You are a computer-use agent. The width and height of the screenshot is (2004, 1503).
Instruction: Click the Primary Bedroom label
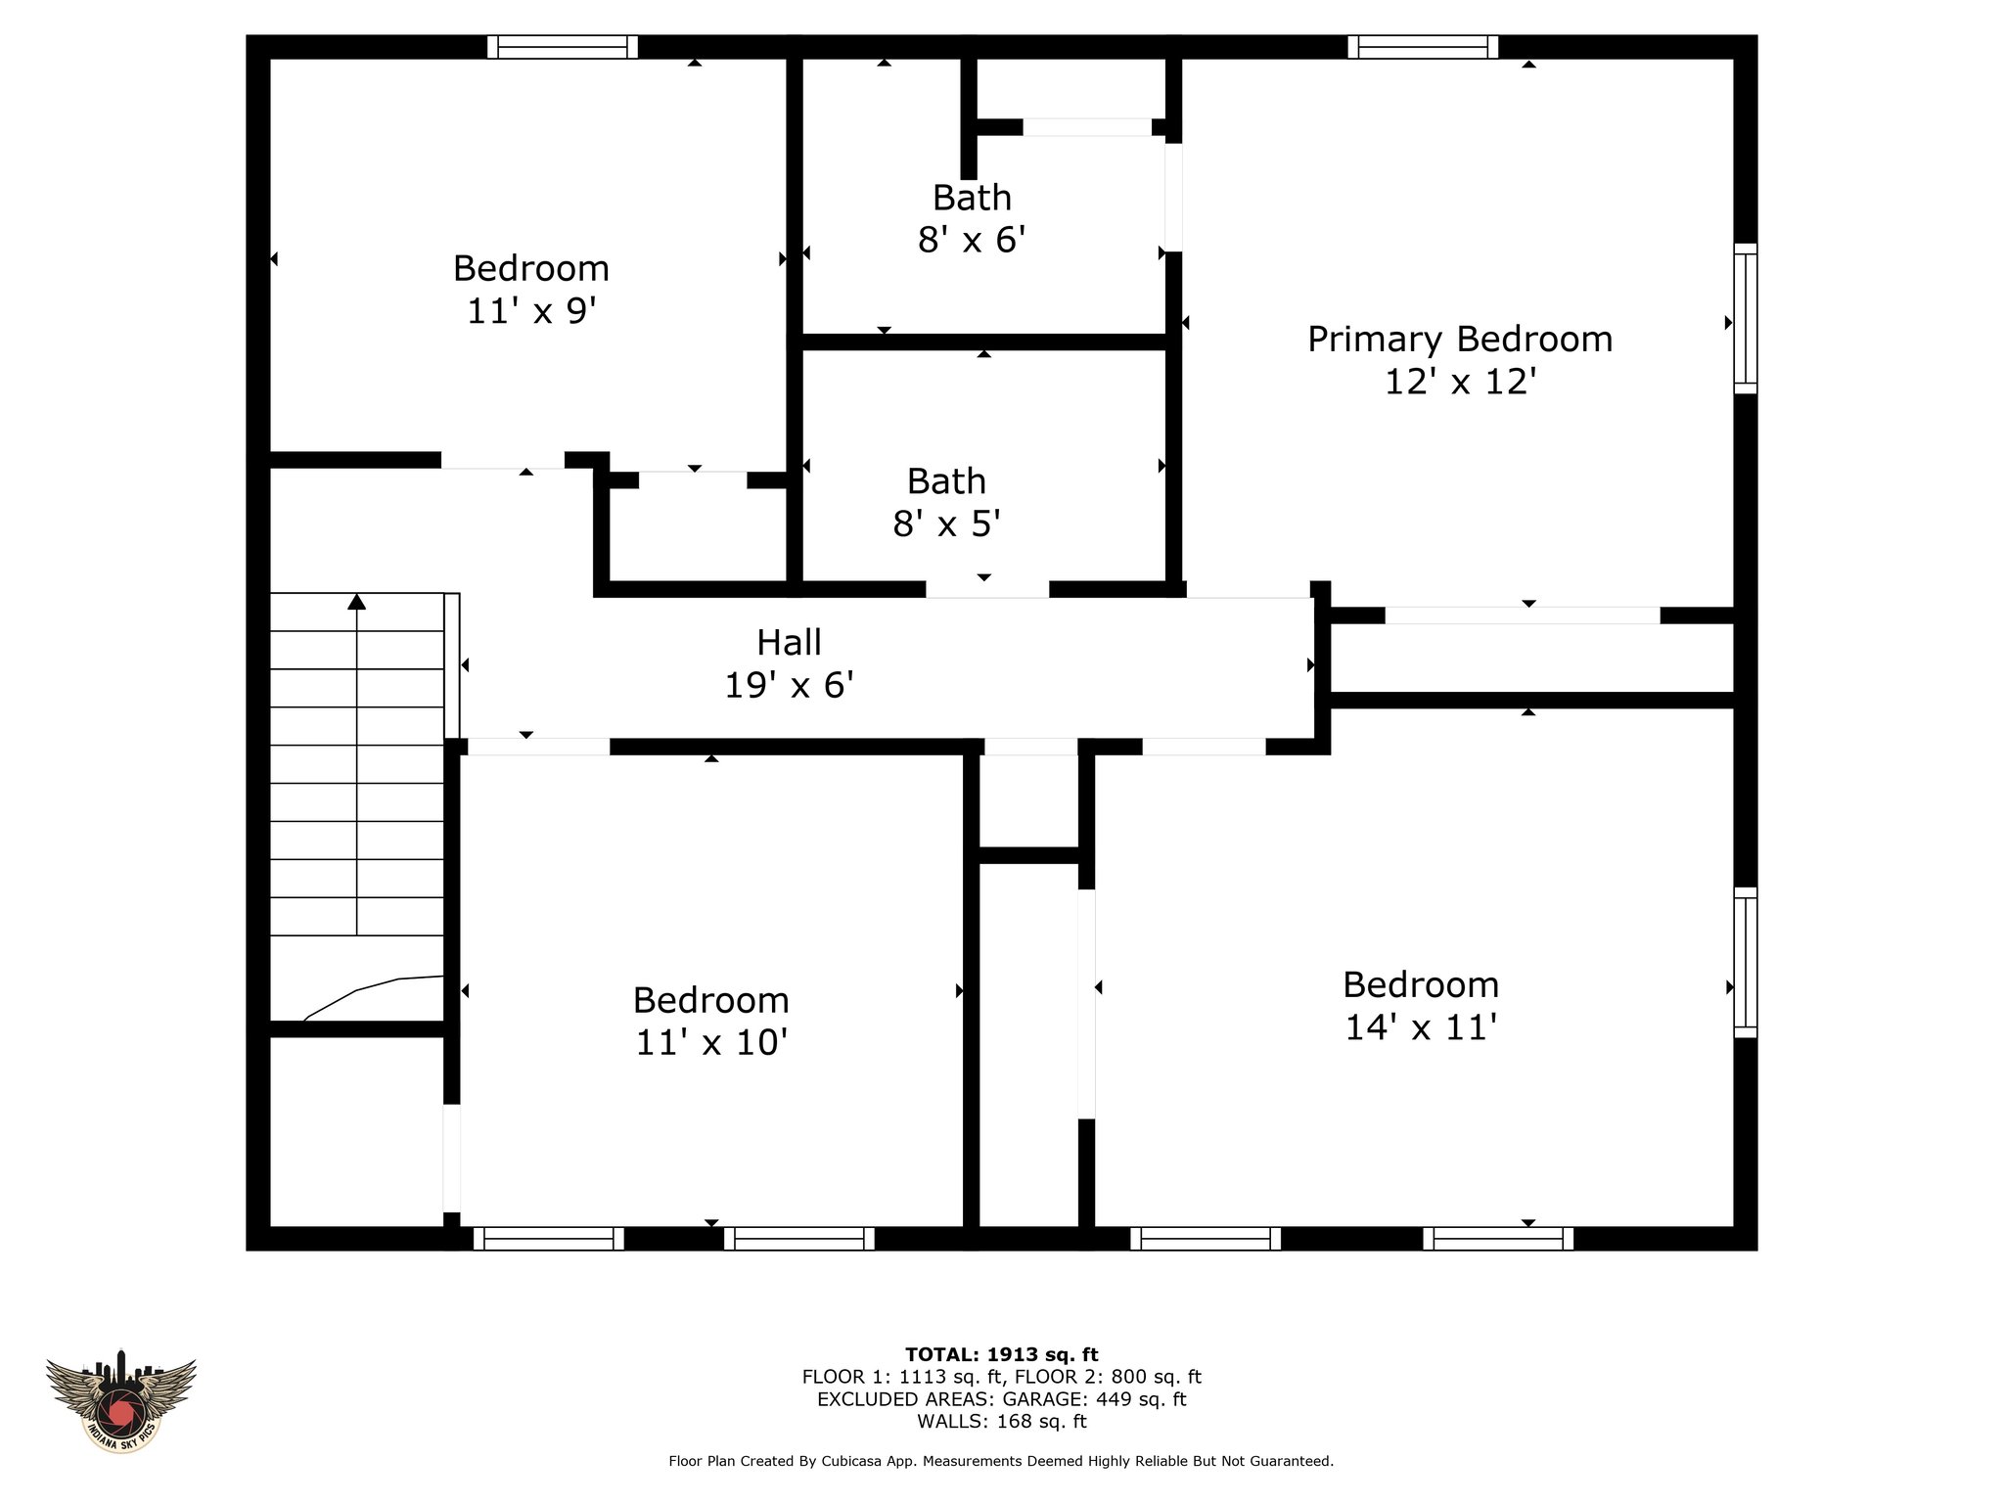[1460, 340]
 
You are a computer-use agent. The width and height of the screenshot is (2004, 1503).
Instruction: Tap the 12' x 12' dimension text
[1460, 382]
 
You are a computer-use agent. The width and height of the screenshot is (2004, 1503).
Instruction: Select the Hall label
[789, 643]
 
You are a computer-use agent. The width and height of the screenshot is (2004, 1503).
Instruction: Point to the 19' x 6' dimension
[789, 685]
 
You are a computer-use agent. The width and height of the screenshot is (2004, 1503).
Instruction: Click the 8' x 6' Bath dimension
[972, 240]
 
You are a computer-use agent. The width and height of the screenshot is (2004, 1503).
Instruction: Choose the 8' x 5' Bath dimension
[946, 524]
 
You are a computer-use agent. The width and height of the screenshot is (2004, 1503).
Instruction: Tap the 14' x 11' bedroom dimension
[1421, 1027]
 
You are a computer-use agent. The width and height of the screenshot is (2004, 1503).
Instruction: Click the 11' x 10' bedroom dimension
[711, 1043]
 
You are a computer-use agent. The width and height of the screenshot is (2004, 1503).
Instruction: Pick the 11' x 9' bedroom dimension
[531, 311]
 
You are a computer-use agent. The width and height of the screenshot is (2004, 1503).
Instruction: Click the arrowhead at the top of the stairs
[357, 601]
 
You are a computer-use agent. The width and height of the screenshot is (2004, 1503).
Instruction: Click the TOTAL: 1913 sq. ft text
[1002, 1354]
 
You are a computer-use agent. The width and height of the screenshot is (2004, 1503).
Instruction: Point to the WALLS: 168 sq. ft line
[1002, 1421]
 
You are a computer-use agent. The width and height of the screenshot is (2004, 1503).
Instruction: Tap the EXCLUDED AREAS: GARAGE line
[1002, 1399]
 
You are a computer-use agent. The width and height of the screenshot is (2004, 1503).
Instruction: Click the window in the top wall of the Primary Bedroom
[1423, 47]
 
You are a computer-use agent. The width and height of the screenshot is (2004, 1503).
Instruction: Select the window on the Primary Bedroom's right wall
[1746, 318]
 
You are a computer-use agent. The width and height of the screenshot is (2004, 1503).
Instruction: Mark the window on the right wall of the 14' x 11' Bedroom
[1746, 962]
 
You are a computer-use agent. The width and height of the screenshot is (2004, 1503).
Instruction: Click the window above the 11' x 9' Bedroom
[563, 47]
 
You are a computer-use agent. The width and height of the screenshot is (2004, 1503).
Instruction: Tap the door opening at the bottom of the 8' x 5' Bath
[987, 589]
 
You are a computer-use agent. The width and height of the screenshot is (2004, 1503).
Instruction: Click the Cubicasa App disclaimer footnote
[1001, 1461]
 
